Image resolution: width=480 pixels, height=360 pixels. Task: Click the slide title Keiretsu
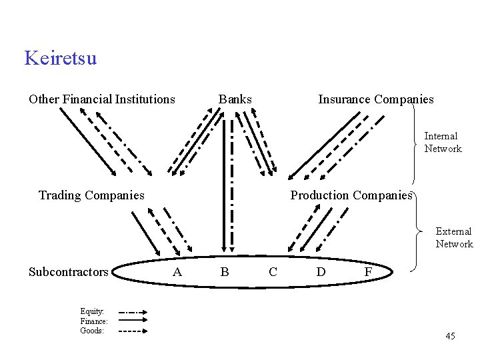(60, 58)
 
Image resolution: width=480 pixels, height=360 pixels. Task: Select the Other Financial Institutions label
(101, 99)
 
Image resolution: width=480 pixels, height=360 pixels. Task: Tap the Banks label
(235, 99)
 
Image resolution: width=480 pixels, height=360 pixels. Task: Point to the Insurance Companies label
(376, 99)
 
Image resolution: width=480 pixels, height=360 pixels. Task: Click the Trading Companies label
(91, 195)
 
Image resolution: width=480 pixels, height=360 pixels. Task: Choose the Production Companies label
(351, 195)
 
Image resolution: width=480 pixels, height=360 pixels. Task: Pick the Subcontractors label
(68, 272)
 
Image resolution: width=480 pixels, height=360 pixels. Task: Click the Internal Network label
(443, 142)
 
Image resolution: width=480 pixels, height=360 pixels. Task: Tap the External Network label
(454, 237)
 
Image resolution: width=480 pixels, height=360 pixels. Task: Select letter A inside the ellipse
(177, 272)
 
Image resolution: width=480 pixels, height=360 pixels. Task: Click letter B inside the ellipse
(225, 272)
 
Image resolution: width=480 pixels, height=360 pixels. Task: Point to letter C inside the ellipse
(273, 272)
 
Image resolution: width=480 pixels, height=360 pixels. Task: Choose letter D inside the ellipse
(321, 272)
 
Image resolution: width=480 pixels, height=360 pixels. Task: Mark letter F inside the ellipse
(368, 272)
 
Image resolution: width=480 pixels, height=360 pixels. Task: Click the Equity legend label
(92, 311)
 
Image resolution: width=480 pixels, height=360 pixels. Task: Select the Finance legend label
(94, 321)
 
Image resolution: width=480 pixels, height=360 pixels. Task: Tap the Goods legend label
(92, 330)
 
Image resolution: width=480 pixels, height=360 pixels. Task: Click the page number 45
(451, 336)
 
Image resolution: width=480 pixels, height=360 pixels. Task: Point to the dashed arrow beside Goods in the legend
(133, 331)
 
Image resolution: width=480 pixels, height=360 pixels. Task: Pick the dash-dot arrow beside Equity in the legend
(133, 311)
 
